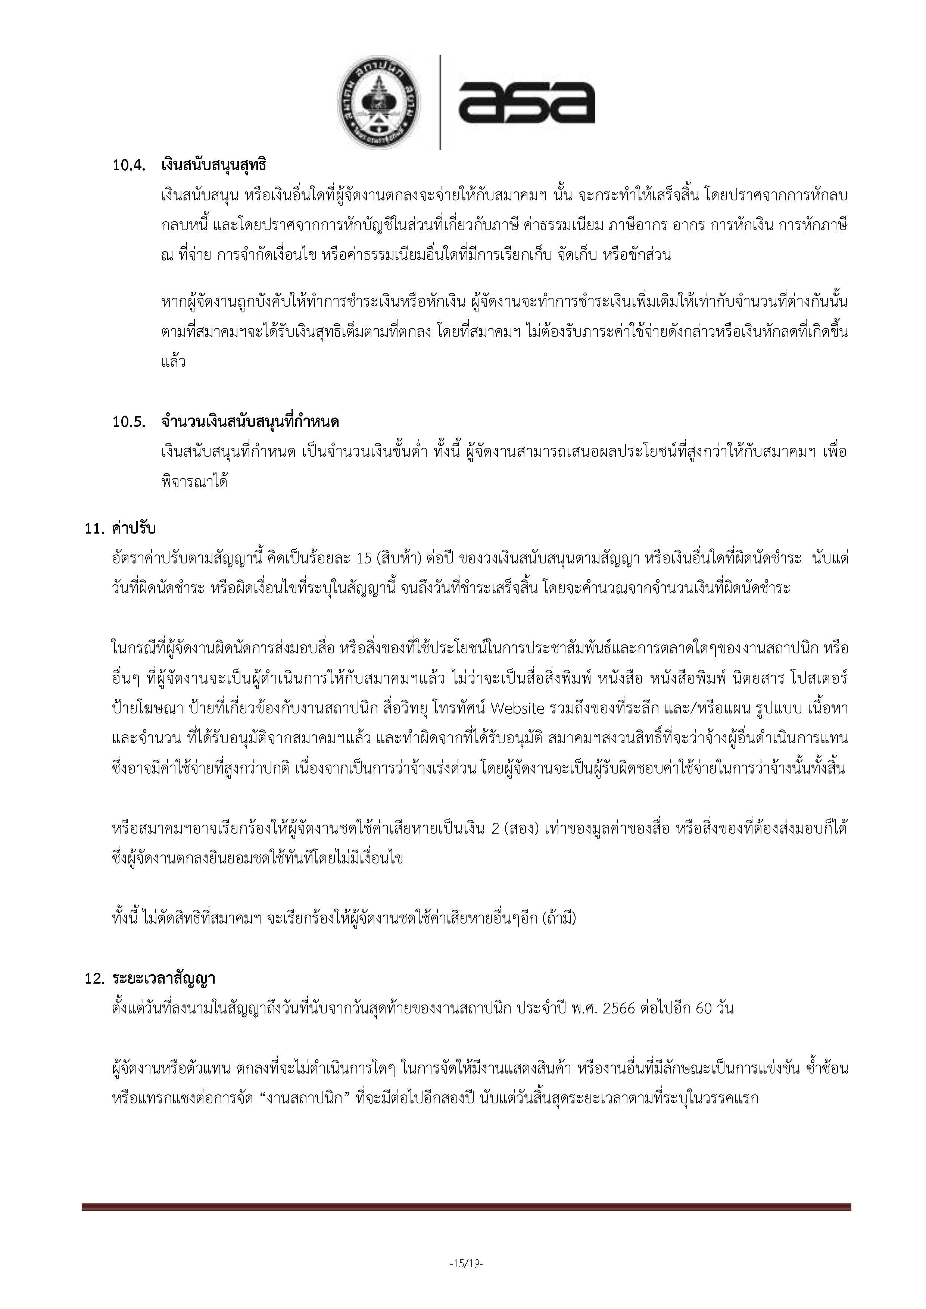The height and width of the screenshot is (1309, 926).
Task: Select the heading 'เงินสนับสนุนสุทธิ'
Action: (214, 165)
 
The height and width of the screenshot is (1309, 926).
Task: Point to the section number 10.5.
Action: (129, 422)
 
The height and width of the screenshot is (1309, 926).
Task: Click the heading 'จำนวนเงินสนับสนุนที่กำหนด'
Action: (250, 422)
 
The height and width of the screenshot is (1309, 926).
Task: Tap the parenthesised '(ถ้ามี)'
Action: (559, 918)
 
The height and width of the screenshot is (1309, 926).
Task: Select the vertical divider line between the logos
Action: (440, 103)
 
